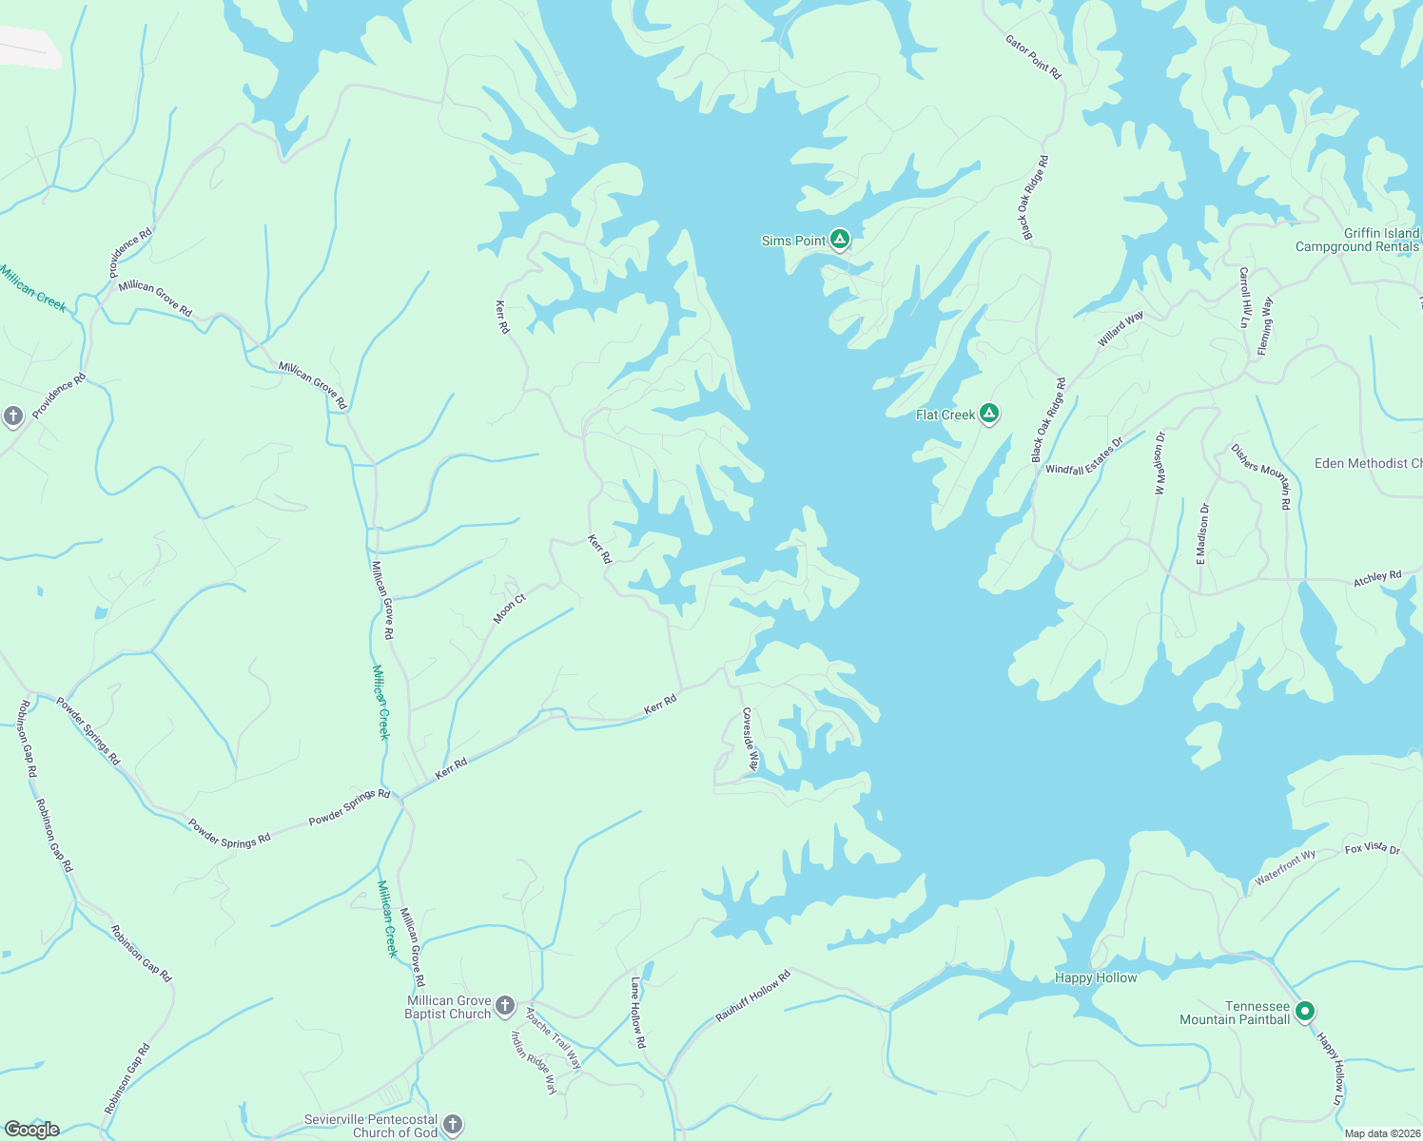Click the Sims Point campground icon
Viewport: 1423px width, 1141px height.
click(x=839, y=239)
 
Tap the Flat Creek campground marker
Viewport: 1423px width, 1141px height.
click(x=989, y=413)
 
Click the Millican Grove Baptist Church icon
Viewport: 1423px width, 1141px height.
click(x=505, y=1005)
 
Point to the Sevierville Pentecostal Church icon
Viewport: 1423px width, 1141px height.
click(x=453, y=1125)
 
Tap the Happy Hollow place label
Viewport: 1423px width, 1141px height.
click(x=1096, y=977)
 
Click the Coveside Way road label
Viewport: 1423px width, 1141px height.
click(x=750, y=740)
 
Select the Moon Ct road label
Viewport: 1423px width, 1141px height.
click(x=509, y=609)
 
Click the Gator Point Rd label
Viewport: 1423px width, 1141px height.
click(x=1033, y=56)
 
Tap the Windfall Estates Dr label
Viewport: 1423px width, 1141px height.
click(x=1084, y=456)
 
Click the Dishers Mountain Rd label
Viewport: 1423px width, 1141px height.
click(x=1261, y=476)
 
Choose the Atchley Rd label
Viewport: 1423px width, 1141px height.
click(x=1377, y=577)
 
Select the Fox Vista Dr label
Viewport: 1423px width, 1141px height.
click(x=1373, y=848)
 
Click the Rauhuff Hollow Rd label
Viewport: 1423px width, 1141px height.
click(x=753, y=996)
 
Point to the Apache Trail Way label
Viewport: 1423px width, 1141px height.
click(x=554, y=1038)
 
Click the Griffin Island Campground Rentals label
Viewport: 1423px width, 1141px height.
click(x=1357, y=240)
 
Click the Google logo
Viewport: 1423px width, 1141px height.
click(x=31, y=1130)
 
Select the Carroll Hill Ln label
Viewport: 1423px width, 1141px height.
click(x=1244, y=297)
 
